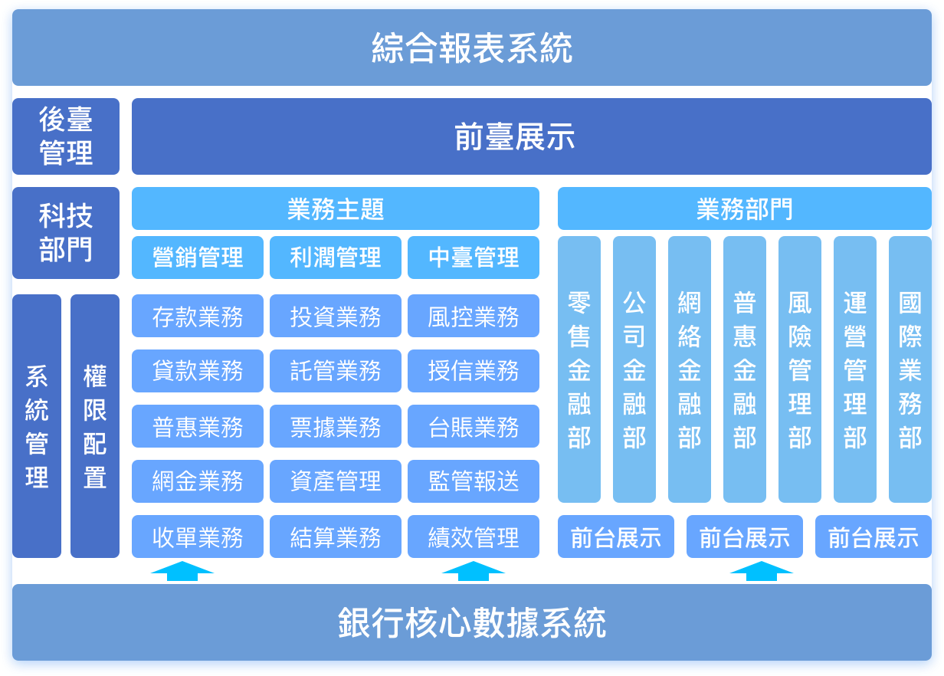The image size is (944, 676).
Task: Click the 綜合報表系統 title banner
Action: [x=471, y=48]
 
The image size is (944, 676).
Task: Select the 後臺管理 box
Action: [x=66, y=136]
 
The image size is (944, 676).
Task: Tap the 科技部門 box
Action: [x=66, y=233]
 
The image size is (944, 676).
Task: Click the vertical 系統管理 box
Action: [x=37, y=425]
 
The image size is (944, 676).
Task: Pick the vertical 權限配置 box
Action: [x=95, y=425]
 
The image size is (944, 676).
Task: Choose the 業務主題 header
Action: [x=336, y=208]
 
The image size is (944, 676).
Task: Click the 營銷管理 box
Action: [x=198, y=257]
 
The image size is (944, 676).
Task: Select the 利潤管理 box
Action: [x=336, y=257]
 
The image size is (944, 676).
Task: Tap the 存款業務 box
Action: [x=198, y=316]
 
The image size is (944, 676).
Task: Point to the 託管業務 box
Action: [x=336, y=371]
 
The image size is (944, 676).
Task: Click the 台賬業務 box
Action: [x=474, y=426]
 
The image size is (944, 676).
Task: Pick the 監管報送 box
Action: [x=474, y=481]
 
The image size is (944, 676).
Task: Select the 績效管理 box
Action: [x=474, y=537]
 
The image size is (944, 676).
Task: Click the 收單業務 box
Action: [x=198, y=537]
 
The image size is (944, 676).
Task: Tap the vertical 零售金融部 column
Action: [x=579, y=369]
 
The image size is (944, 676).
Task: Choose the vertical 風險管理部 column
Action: [x=800, y=369]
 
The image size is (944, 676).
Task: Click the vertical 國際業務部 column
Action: [x=910, y=369]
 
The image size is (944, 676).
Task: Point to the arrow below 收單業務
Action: [x=182, y=572]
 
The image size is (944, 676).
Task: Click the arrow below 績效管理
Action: [x=474, y=572]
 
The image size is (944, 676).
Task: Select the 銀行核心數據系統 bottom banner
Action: [x=471, y=622]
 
